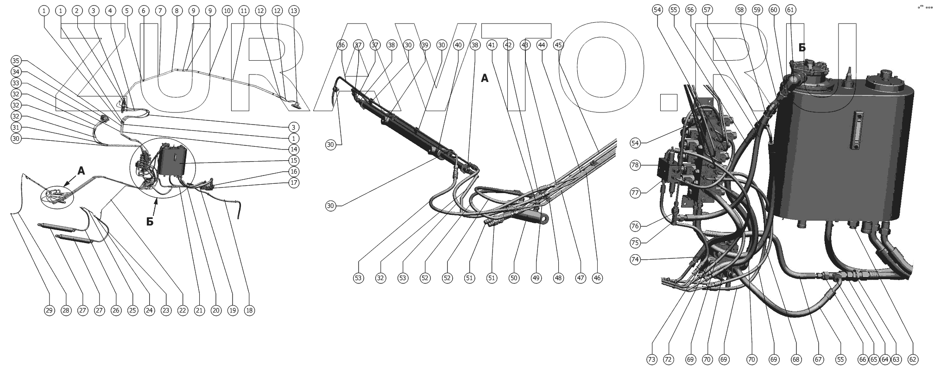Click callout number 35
(x=16, y=61)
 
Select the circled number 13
(x=293, y=10)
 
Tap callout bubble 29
(x=49, y=311)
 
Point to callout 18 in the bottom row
(x=249, y=311)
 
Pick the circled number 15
(x=293, y=161)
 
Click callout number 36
(x=341, y=45)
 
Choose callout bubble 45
(x=558, y=45)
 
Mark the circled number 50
(x=514, y=278)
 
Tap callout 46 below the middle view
(x=597, y=278)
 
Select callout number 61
(x=791, y=10)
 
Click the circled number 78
(x=635, y=165)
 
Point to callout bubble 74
(x=635, y=260)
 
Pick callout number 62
(x=913, y=359)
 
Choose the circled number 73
(x=652, y=359)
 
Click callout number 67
(x=819, y=359)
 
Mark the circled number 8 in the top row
(x=176, y=10)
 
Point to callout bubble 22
(x=183, y=311)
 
